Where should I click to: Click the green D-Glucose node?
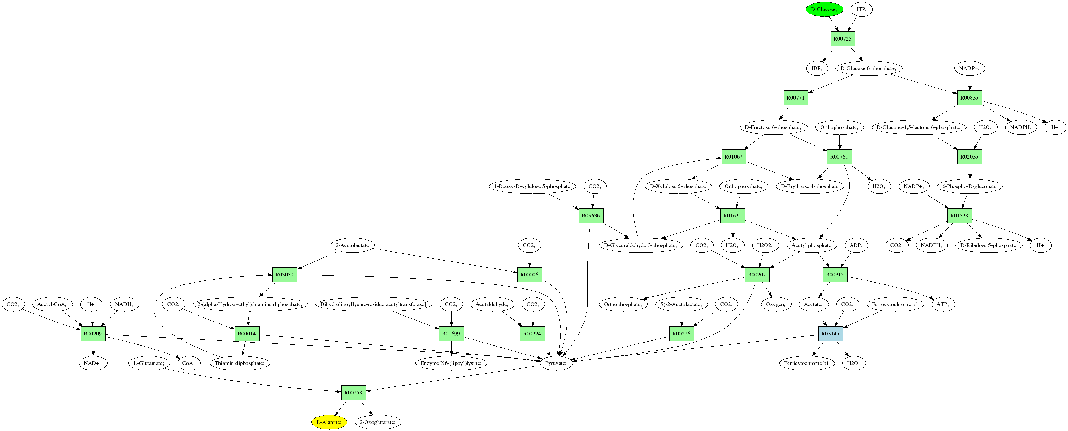tap(824, 9)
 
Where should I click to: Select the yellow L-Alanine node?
tap(329, 422)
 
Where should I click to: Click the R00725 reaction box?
tap(843, 39)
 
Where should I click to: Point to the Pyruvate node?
tap(556, 363)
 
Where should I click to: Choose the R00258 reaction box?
tap(353, 392)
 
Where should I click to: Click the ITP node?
tap(861, 9)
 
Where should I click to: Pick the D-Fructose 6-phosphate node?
tap(773, 127)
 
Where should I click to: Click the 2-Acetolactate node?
tap(352, 245)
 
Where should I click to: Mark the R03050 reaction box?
tap(284, 275)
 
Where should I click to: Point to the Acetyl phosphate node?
tap(811, 245)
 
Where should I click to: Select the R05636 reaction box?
tap(590, 216)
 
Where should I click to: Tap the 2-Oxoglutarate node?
tap(378, 422)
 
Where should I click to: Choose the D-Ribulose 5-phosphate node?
tap(988, 245)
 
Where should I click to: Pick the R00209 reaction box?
tap(93, 334)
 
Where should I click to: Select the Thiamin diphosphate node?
tap(240, 363)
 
